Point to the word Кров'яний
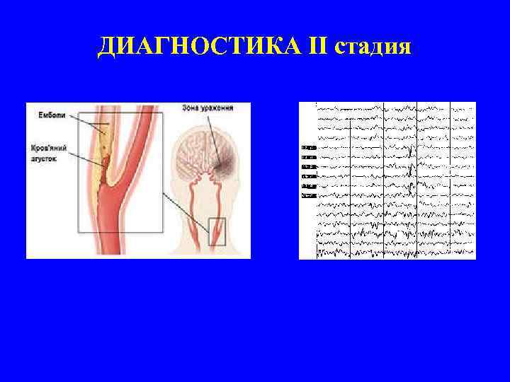tap(47, 150)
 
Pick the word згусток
tap(43, 160)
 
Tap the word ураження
tap(229, 108)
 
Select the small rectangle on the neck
tap(216, 231)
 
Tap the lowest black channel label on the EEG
tap(308, 194)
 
